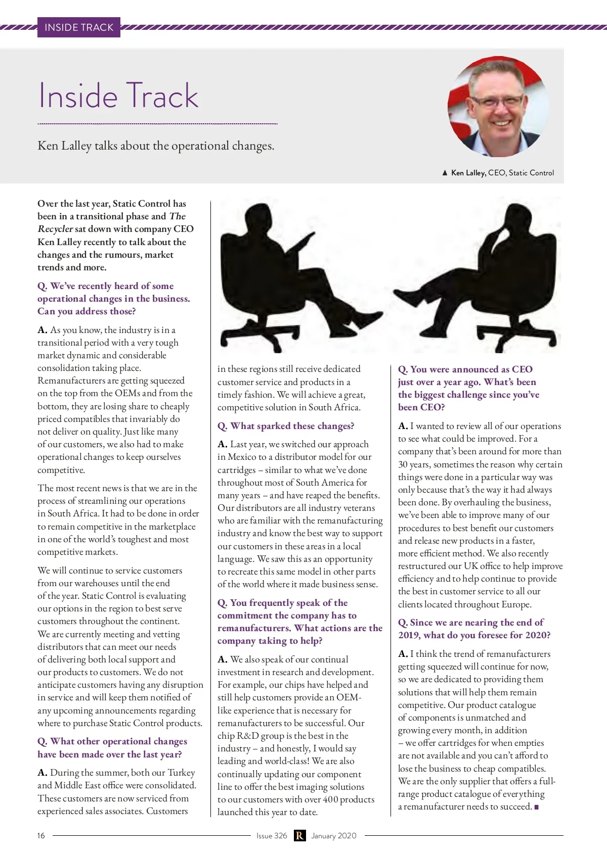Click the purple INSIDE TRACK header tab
tap(79, 27)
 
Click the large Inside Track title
tap(119, 96)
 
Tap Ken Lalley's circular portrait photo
tap(498, 107)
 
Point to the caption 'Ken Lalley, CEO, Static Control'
tap(502, 173)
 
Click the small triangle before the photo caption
tap(445, 173)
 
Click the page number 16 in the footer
tap(41, 836)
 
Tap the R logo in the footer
tap(299, 836)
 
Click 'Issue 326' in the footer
tap(272, 836)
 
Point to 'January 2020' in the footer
tap(334, 836)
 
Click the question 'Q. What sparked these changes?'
tap(286, 426)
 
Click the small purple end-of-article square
tap(537, 807)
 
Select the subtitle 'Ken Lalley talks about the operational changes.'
tap(156, 146)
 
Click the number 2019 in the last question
tap(409, 635)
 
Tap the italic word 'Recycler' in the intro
tap(55, 229)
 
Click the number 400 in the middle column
tap(330, 799)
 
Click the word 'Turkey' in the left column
tap(181, 773)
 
